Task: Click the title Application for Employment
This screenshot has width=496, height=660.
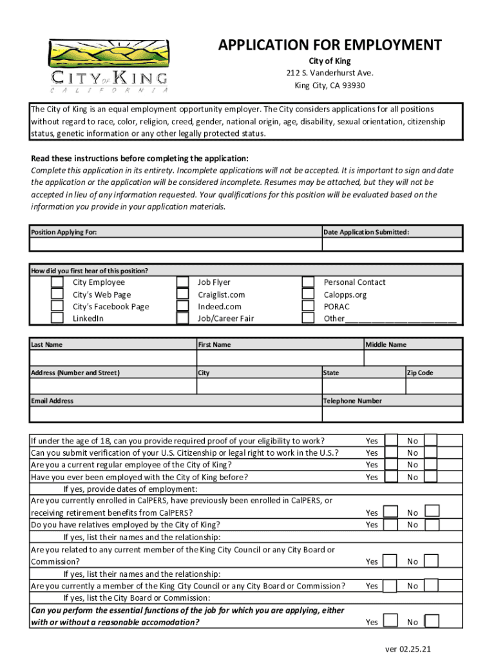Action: coord(329,45)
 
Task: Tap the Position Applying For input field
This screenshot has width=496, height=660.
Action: coord(175,245)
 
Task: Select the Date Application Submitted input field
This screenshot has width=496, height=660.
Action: coord(392,245)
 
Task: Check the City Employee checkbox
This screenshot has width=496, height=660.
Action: coord(57,282)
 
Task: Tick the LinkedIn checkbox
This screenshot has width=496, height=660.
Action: coord(57,318)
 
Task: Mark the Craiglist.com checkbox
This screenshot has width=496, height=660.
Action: coord(182,295)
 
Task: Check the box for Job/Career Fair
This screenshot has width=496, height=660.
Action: coord(182,318)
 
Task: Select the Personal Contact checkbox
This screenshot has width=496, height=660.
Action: coord(309,282)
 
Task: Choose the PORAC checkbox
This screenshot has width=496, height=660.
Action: coord(309,307)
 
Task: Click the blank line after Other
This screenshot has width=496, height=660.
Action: coord(401,319)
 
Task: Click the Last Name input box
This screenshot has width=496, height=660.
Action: coord(113,358)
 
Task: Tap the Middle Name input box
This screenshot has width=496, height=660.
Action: coord(413,358)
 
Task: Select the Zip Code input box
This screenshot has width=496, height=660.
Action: coord(434,386)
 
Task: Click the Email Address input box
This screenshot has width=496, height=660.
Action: coord(175,414)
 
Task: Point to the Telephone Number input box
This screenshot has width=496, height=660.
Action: coord(392,414)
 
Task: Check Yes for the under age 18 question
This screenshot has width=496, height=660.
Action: coord(391,440)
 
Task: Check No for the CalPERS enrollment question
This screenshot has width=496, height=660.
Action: coord(432,511)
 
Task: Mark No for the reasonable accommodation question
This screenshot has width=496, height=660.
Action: coord(432,621)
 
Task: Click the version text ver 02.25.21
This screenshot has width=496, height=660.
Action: coord(408,649)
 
